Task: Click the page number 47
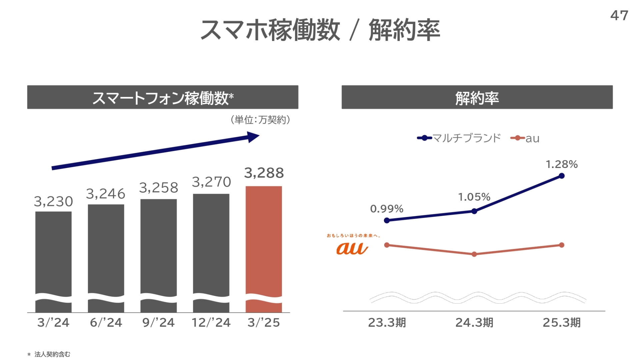point(619,15)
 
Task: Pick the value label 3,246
point(106,194)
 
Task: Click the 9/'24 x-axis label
point(158,322)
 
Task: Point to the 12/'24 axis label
point(211,322)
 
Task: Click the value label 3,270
point(211,182)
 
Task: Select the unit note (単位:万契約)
point(260,120)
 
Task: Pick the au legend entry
point(525,138)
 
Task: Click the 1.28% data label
point(561,164)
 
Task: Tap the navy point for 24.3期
point(474,211)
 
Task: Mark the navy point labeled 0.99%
point(387,220)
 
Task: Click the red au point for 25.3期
point(562,245)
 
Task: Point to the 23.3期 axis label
point(387,322)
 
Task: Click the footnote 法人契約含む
point(52,354)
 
